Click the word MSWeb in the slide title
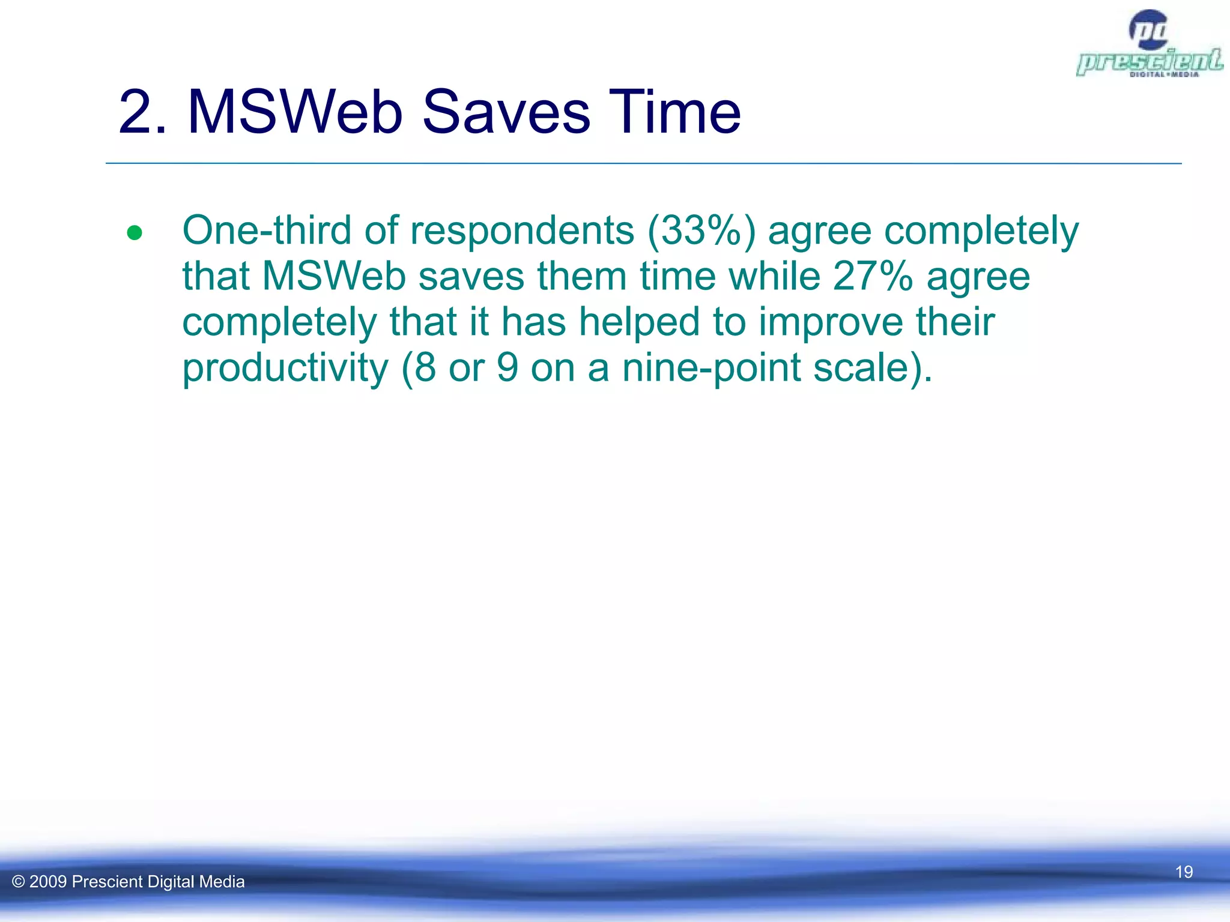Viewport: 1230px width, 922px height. click(294, 112)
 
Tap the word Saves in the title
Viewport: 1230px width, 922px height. click(506, 112)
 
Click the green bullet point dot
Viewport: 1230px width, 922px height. click(135, 233)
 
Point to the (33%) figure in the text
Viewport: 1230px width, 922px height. click(701, 230)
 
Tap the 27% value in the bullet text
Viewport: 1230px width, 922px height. click(872, 276)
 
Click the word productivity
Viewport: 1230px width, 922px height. click(285, 367)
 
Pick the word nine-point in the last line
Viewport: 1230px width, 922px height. click(711, 367)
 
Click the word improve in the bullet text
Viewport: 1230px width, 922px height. click(830, 323)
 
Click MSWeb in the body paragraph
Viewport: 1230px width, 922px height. click(334, 276)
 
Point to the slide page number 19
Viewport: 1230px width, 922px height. click(1184, 872)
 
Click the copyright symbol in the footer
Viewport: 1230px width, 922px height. click(19, 882)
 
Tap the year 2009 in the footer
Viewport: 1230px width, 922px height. click(48, 882)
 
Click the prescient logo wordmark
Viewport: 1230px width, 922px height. click(1149, 61)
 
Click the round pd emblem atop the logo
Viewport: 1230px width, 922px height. click(1148, 29)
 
